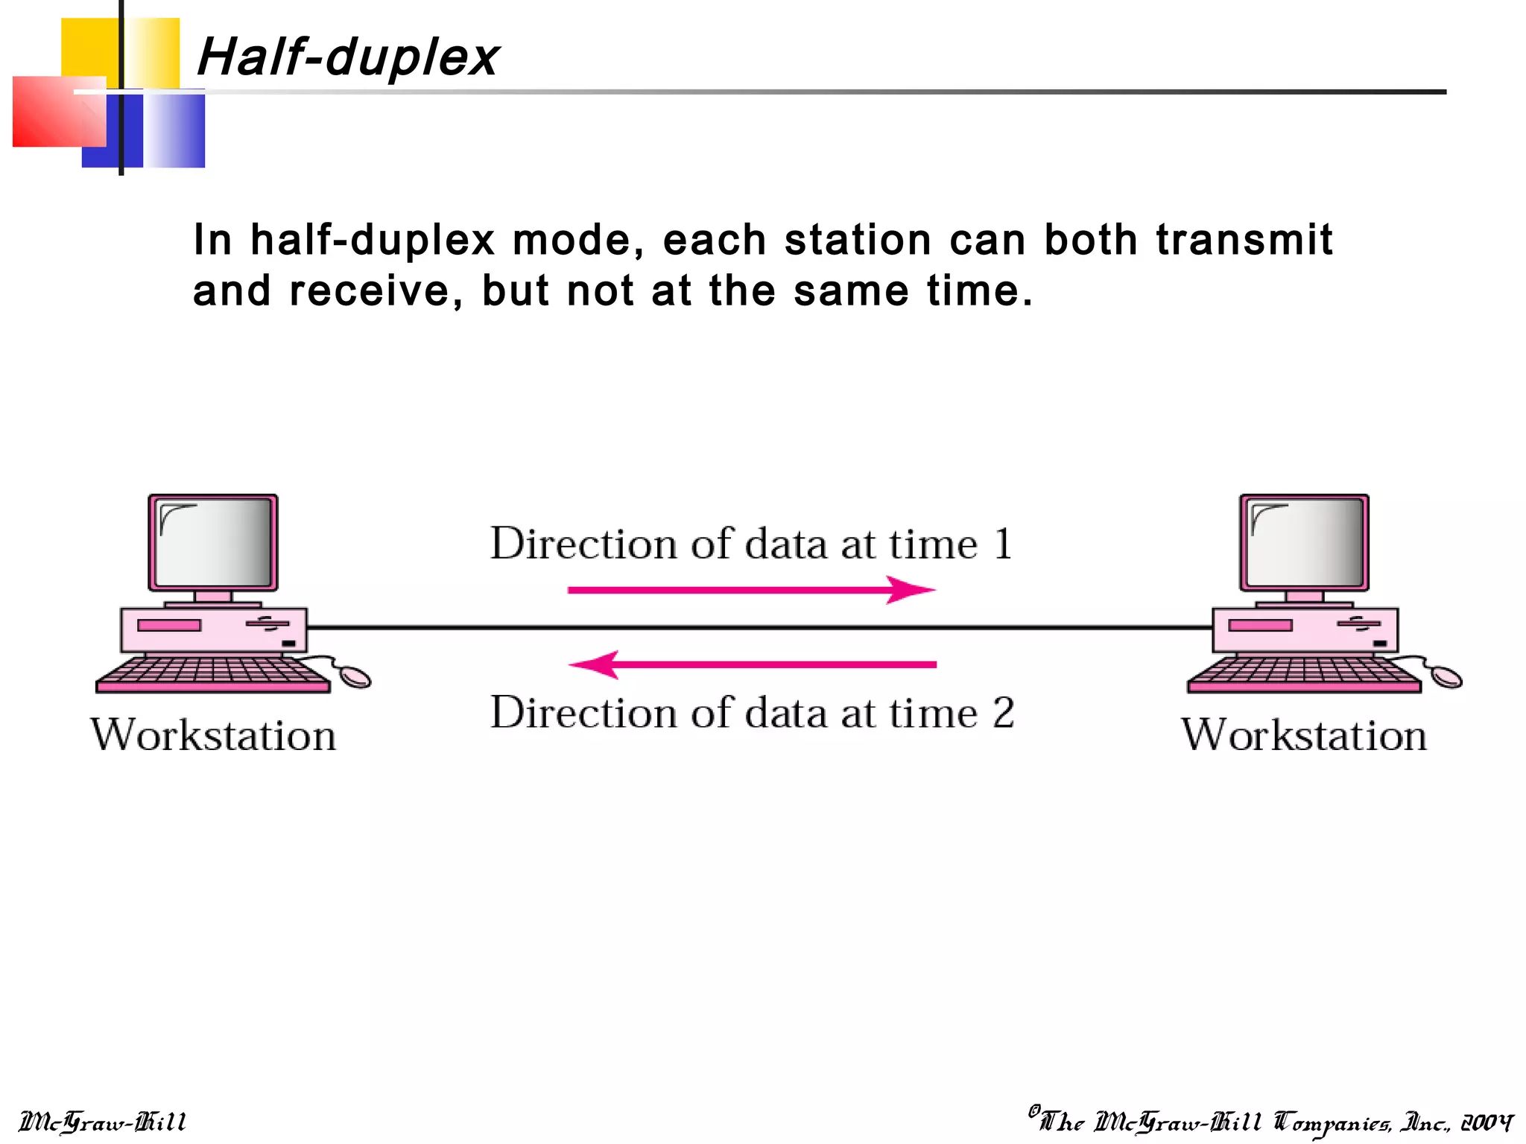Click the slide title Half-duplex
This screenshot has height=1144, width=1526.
[348, 57]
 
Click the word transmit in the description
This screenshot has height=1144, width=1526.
[1244, 240]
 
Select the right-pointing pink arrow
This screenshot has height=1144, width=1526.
[750, 590]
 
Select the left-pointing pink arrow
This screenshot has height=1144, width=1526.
[752, 664]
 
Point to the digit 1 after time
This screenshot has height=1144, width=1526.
[1003, 544]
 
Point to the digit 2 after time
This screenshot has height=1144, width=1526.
[1003, 713]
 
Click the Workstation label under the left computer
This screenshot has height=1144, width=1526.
[214, 735]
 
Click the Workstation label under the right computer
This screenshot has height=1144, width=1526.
[1304, 735]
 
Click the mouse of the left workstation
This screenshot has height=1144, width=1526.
[355, 676]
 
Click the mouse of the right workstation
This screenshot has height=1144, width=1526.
[1446, 676]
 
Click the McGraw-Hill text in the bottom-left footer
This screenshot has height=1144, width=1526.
[102, 1122]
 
